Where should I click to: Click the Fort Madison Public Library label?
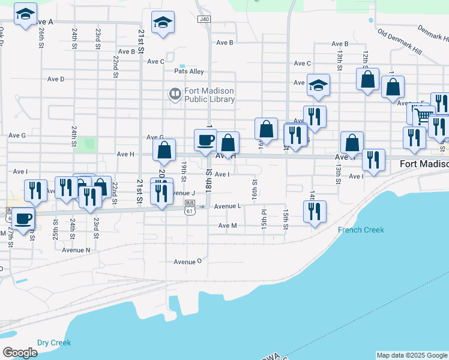[x=209, y=95]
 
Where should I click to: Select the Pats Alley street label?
[x=188, y=71]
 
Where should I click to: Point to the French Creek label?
[x=361, y=230]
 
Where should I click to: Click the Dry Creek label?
[x=53, y=343]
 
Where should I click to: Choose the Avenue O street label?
[x=188, y=262]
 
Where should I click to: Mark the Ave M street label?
[x=228, y=226]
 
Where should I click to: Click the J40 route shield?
[x=204, y=19]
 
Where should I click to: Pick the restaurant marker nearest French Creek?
[x=315, y=211]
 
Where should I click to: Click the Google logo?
[x=20, y=353]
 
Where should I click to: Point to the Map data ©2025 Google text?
[x=412, y=355]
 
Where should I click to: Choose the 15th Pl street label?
[x=264, y=219]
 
